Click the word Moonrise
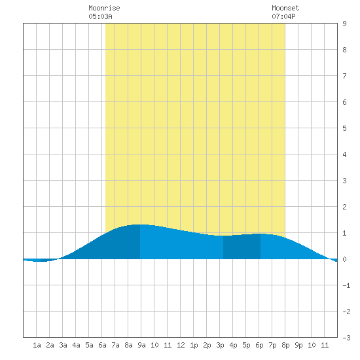click(104, 8)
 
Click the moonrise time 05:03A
click(100, 16)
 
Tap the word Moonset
click(285, 8)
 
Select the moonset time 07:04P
click(283, 16)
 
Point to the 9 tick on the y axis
click(344, 24)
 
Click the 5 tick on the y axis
click(344, 128)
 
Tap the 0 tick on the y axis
click(344, 259)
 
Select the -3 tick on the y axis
click(346, 338)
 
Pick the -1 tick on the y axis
click(346, 285)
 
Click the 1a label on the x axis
click(37, 345)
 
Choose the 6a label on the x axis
click(102, 345)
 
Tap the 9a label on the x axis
click(141, 345)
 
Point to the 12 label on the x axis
click(181, 345)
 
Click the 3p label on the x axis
click(220, 345)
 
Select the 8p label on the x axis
click(285, 345)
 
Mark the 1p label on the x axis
click(194, 345)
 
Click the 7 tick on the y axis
click(344, 76)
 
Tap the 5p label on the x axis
click(246, 345)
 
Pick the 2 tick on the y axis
click(344, 207)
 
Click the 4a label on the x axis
click(76, 345)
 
